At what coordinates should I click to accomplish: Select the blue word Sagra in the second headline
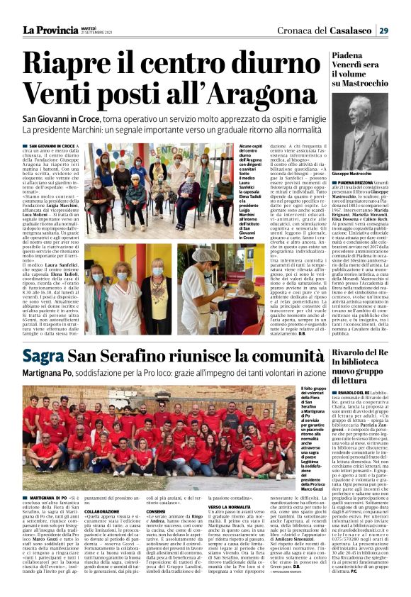pos(43,355)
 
